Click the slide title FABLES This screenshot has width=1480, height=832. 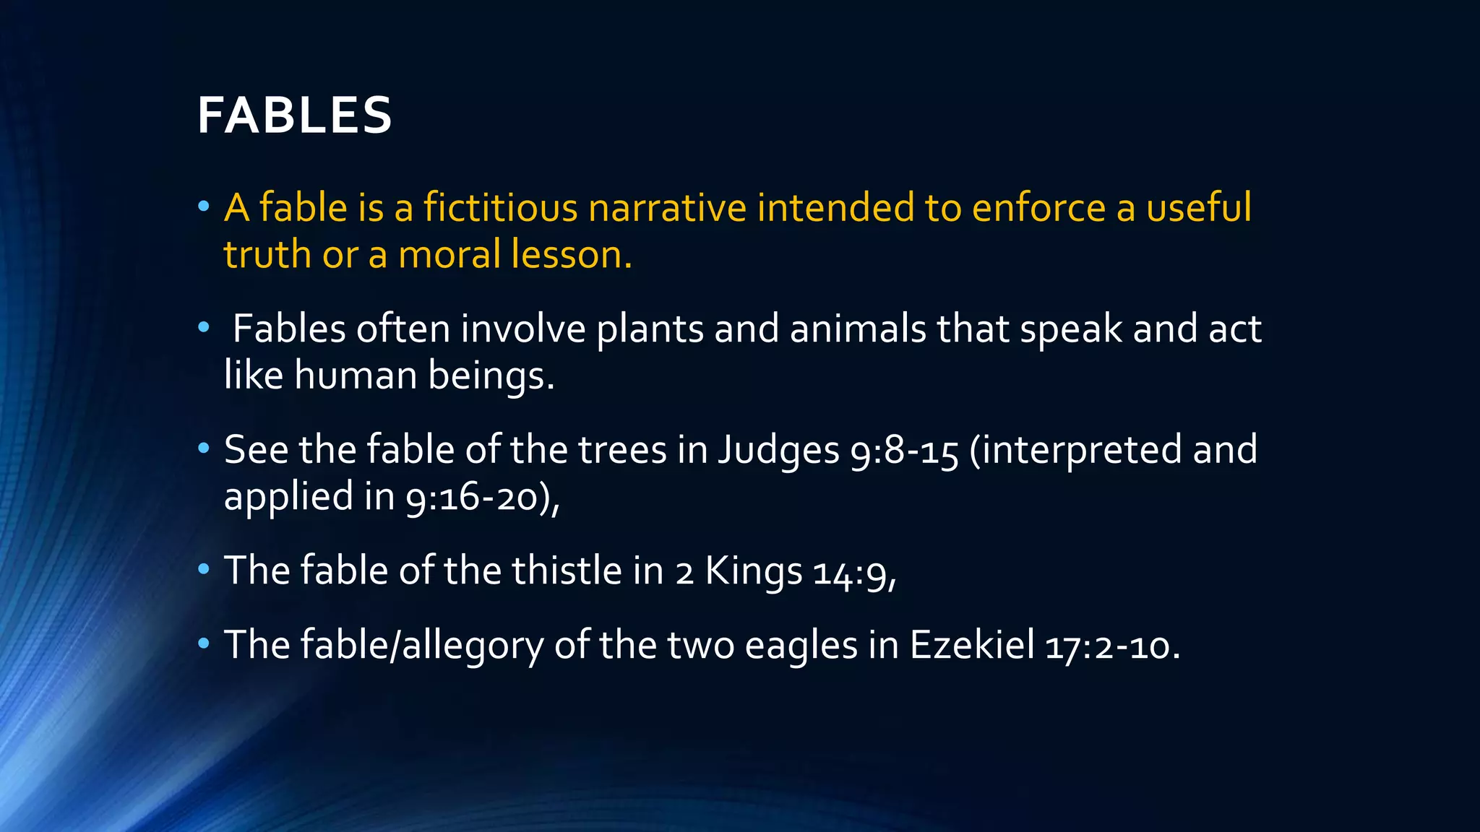295,116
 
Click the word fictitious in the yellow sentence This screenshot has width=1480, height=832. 500,208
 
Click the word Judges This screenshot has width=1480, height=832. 778,451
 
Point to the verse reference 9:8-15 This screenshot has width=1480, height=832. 905,451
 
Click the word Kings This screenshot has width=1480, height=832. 753,571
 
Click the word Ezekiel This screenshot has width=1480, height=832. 972,645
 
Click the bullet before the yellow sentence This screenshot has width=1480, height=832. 204,208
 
